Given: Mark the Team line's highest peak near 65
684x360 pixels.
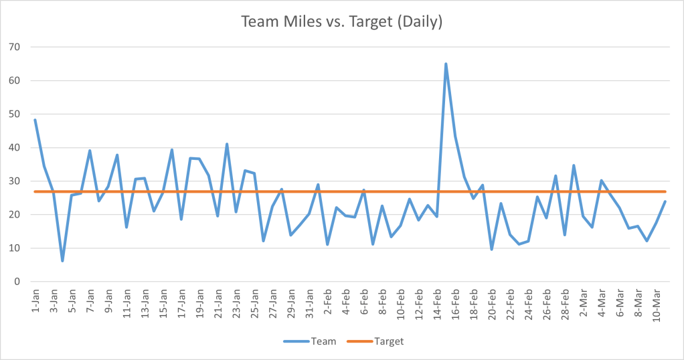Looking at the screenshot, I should pos(446,64).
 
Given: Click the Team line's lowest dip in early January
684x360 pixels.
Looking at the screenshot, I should pos(62,260).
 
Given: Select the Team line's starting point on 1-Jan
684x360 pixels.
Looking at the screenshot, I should pos(35,120).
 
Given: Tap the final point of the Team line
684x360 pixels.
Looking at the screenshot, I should pos(665,201).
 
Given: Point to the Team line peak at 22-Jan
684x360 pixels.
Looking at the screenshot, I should pos(227,144).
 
